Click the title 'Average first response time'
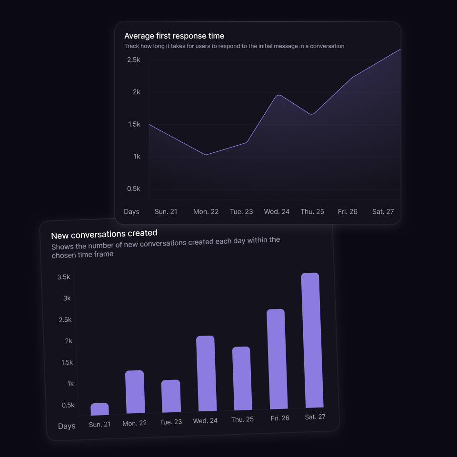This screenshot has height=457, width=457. coord(174,36)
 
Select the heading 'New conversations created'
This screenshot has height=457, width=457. coord(104,234)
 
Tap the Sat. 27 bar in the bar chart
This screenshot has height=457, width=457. coord(312,340)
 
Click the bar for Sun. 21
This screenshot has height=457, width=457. coord(100,409)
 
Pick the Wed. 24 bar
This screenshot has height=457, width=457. coord(207,374)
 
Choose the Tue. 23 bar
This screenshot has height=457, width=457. coord(171,396)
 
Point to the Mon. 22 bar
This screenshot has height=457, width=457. coord(135,392)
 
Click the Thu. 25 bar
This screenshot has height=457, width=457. coord(242,378)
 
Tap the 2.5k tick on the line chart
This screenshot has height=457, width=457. coord(133,60)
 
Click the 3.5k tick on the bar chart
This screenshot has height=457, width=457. coord(63,277)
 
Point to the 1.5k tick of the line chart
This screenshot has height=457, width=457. coord(133,124)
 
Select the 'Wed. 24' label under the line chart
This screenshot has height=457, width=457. coord(277,211)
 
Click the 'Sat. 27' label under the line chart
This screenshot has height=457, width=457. coord(383,211)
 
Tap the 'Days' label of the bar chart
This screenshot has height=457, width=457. coord(67,426)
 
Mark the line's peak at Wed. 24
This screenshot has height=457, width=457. coord(278,95)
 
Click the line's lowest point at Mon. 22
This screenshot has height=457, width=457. coord(206,155)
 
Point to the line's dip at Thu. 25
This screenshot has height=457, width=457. coord(312,114)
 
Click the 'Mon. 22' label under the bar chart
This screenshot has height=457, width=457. coord(135,423)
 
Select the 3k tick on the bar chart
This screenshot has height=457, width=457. coord(67,298)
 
